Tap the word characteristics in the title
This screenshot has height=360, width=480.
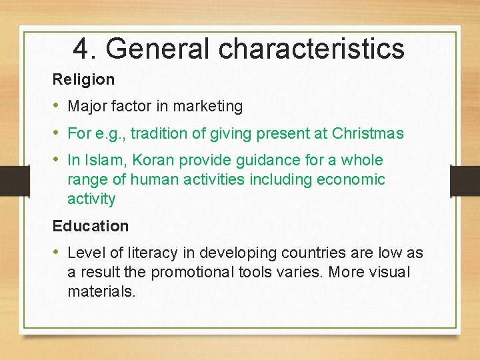311,48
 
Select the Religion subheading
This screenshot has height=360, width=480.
83,79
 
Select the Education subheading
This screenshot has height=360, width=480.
90,226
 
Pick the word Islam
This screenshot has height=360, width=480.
100,161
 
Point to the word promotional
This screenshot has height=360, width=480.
194,273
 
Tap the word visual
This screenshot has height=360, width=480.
389,273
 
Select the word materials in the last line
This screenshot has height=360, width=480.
101,292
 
